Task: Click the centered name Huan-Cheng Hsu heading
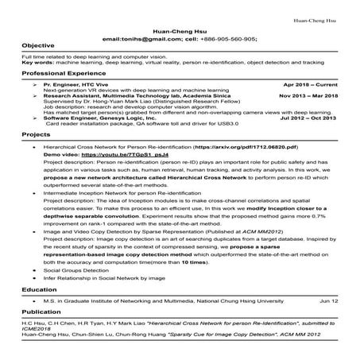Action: point(179,29)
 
